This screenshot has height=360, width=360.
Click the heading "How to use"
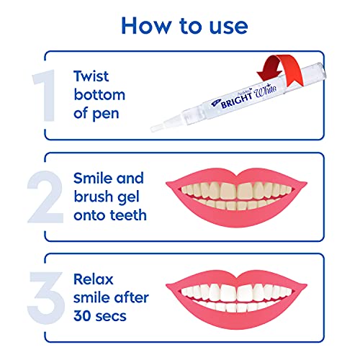184,25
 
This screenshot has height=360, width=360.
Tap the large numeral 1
43,95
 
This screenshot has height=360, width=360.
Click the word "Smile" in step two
94,178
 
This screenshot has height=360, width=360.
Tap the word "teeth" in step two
125,215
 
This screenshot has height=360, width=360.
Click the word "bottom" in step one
100,94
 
